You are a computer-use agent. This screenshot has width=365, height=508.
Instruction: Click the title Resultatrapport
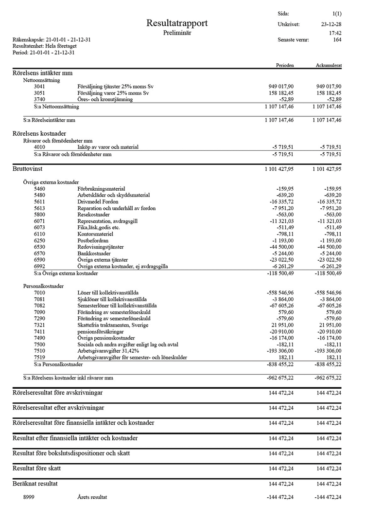coord(177,23)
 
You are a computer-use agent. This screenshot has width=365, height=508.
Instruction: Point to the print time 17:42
coord(335,33)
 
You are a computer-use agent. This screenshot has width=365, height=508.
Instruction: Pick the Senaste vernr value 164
coord(336,40)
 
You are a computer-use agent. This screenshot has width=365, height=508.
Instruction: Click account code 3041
coord(40,86)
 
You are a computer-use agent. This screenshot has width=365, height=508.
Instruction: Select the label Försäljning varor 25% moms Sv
coord(113,93)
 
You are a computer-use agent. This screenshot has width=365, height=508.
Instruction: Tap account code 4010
coord(40,147)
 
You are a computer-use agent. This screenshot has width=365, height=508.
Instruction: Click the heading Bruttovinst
coord(28,169)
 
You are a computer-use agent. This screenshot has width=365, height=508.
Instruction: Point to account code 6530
coord(40,247)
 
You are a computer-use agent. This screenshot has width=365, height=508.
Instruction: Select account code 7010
coord(40,292)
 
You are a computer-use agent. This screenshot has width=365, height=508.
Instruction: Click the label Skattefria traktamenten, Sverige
coord(113,325)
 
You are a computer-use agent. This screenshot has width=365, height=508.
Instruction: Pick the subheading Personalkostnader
coord(44,286)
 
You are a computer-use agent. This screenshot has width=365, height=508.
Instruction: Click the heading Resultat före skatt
coord(37,469)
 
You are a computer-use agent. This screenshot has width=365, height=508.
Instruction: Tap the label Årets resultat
coord(92,497)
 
